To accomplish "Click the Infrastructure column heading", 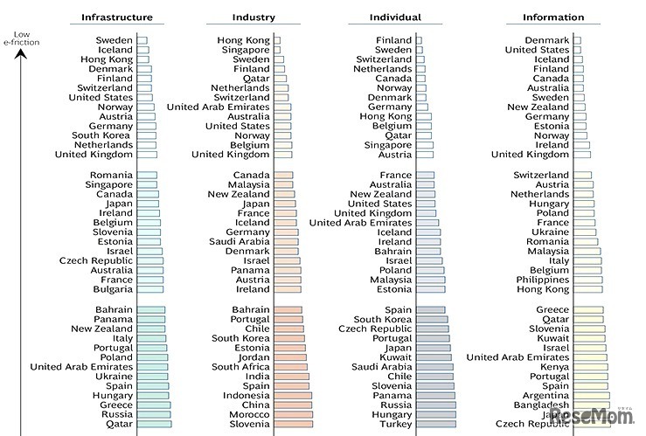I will [117, 17].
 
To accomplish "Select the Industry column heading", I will [254, 17].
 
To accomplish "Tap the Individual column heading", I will [396, 17].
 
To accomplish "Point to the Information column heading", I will [553, 17].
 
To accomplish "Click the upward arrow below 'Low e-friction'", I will [24, 66].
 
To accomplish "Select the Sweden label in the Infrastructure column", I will [115, 40].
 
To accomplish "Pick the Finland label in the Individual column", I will [393, 40].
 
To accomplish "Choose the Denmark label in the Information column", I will [546, 40].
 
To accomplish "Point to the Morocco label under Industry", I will [248, 414].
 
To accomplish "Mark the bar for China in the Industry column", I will [293, 405].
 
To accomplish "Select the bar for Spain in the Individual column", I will [430, 310].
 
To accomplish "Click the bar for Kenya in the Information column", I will [591, 367].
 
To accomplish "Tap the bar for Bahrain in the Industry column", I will [288, 310].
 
